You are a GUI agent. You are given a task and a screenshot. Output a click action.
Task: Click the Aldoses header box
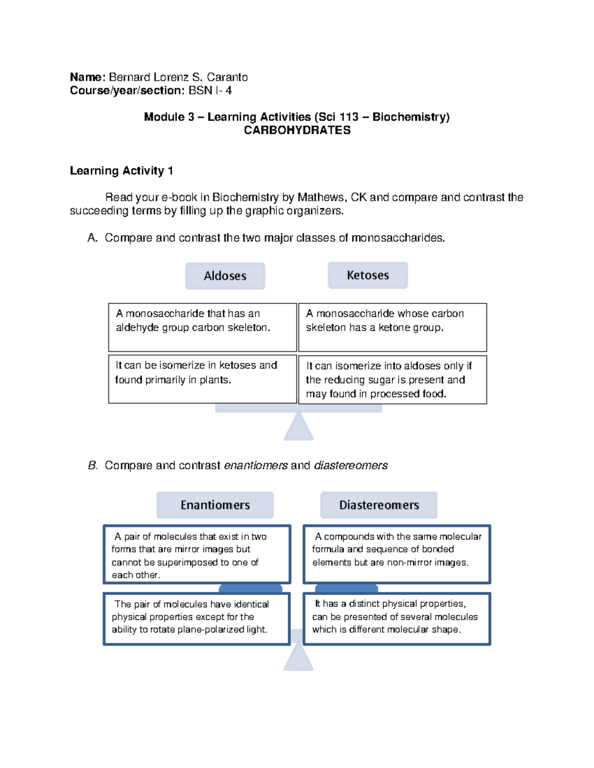225,276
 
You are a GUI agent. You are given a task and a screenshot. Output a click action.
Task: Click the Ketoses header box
368,275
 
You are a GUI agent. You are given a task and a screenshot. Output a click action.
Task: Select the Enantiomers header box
215,505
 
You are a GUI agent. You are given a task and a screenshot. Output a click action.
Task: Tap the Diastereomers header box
379,505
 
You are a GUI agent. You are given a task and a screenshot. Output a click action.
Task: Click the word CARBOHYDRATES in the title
297,130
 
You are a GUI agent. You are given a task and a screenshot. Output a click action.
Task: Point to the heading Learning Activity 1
121,171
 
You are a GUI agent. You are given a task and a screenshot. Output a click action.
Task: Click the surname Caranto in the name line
227,77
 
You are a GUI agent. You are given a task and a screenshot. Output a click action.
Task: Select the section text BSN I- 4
210,90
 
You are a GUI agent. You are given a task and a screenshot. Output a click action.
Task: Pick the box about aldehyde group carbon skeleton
202,327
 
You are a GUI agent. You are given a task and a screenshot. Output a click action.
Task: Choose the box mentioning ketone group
393,327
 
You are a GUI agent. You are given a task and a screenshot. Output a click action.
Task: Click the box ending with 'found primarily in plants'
202,379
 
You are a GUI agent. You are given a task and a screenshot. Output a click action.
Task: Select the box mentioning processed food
393,379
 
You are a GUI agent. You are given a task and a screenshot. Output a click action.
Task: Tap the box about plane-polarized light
197,619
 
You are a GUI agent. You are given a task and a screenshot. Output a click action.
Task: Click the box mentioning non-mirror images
396,554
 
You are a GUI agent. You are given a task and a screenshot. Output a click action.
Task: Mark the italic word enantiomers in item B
255,465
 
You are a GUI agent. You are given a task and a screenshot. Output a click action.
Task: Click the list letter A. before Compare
92,238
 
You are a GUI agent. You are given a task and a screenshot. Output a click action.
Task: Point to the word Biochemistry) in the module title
411,117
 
